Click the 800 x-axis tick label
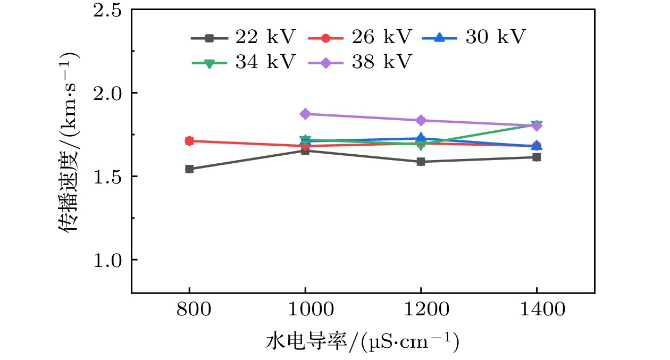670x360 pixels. (189, 310)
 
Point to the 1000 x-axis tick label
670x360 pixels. (305, 310)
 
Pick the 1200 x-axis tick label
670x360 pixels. (421, 310)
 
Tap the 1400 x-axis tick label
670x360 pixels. (537, 310)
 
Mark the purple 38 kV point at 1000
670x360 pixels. (305, 114)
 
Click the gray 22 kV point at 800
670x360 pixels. (189, 169)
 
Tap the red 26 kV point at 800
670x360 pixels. (189, 141)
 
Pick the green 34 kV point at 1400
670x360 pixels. (537, 124)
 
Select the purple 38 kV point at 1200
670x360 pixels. (421, 120)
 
